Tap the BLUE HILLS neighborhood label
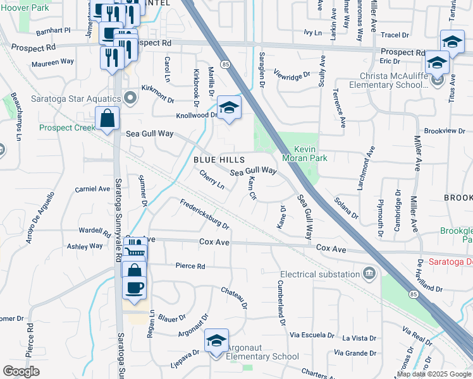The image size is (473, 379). (219, 160)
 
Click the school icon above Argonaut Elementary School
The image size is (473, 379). (216, 341)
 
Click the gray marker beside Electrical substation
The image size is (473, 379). (368, 274)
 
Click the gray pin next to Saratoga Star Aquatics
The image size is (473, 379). (131, 98)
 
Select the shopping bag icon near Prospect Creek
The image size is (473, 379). (107, 117)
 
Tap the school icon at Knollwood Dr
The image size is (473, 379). (229, 107)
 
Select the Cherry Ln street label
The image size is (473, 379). (212, 179)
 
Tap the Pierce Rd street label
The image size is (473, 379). (190, 267)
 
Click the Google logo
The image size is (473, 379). (21, 371)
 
